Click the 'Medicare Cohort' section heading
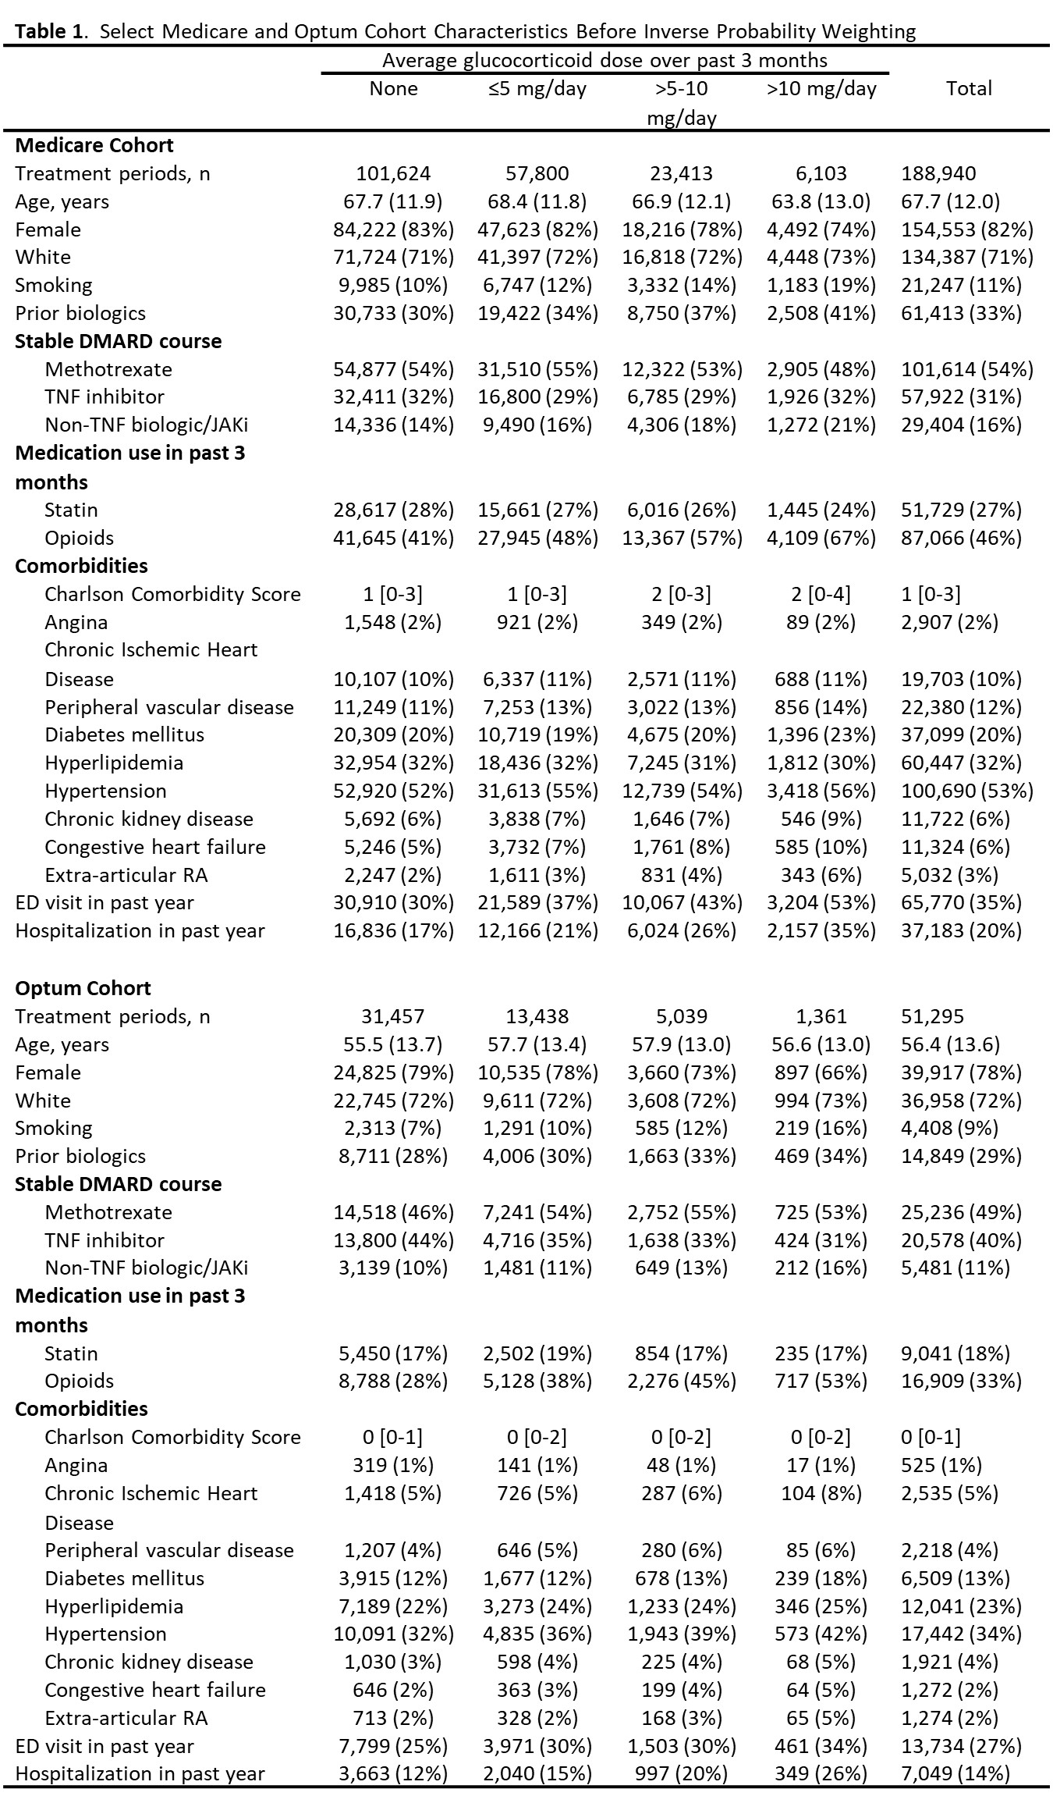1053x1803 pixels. (x=94, y=145)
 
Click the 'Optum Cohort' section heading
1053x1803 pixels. (x=83, y=988)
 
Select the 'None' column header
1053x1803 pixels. (x=393, y=88)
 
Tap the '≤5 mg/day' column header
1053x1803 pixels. (x=537, y=88)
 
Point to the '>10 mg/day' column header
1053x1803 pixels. (x=821, y=88)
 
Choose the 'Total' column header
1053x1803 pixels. (x=969, y=88)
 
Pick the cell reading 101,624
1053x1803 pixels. (x=393, y=173)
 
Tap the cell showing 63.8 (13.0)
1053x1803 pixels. (x=821, y=201)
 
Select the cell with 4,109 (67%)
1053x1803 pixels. (x=821, y=538)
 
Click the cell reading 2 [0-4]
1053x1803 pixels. (x=821, y=594)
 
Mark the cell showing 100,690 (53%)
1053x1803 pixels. (x=967, y=791)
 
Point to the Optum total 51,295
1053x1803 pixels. (x=932, y=1016)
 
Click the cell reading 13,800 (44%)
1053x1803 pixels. (x=393, y=1240)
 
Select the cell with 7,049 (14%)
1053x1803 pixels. (x=961, y=1773)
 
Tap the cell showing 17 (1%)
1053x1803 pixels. (x=821, y=1465)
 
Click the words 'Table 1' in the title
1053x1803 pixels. (x=51, y=31)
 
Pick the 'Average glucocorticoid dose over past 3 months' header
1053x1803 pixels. (x=604, y=60)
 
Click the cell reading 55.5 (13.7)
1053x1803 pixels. (x=393, y=1044)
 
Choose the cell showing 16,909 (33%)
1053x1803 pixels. (x=961, y=1381)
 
